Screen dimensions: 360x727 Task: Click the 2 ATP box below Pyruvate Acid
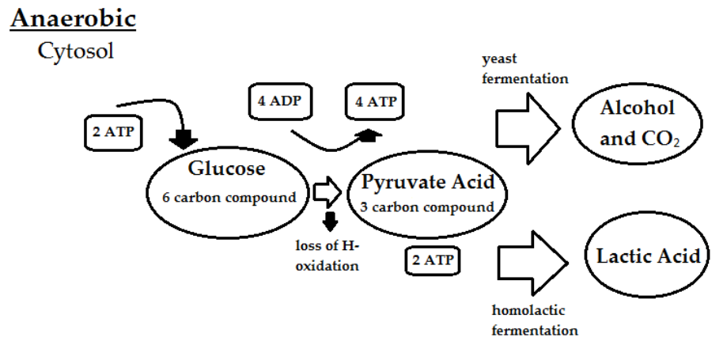[433, 259]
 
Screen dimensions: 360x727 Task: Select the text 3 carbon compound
[428, 207]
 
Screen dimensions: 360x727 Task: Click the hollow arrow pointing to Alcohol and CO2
[524, 126]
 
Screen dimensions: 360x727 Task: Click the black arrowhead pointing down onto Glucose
[185, 138]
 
